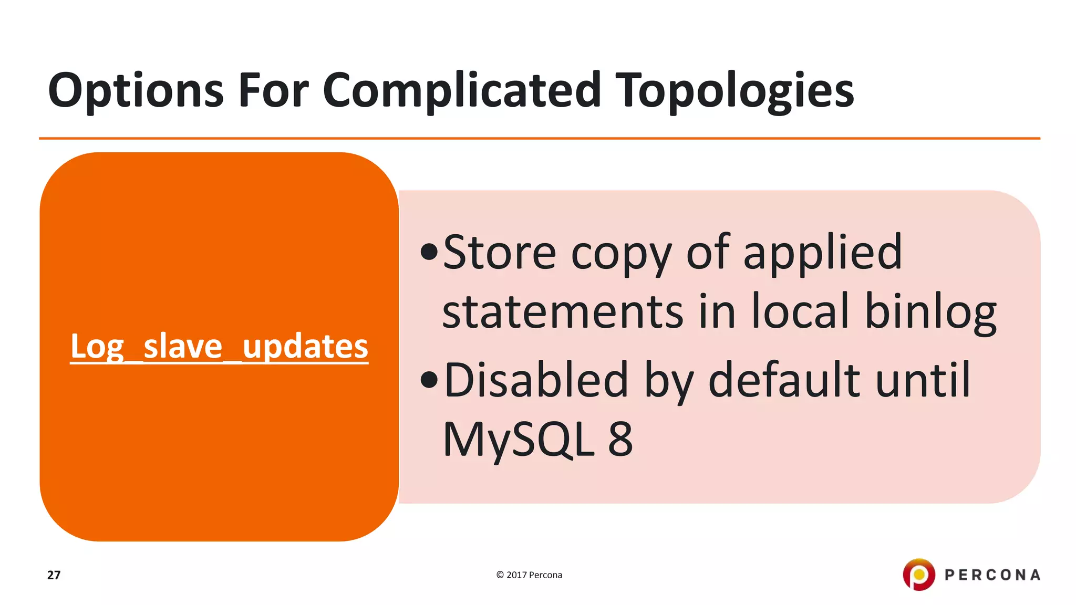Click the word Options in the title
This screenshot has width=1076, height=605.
pyautogui.click(x=136, y=90)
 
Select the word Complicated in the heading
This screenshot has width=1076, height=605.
pyautogui.click(x=461, y=90)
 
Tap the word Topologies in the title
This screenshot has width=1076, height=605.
pyautogui.click(x=734, y=90)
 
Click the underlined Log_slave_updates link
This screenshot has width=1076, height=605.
pyautogui.click(x=219, y=347)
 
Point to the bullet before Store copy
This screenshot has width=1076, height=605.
pyautogui.click(x=429, y=252)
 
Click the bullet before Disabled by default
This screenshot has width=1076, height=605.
pyautogui.click(x=429, y=380)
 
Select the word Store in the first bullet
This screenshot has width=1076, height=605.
pyautogui.click(x=499, y=253)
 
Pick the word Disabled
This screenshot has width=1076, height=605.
pyautogui.click(x=536, y=380)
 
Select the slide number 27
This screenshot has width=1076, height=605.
pyautogui.click(x=54, y=575)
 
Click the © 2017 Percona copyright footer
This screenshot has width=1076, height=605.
pyautogui.click(x=529, y=575)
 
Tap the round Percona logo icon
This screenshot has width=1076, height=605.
pyautogui.click(x=918, y=575)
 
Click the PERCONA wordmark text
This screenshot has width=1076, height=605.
pyautogui.click(x=992, y=575)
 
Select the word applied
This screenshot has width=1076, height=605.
pyautogui.click(x=822, y=253)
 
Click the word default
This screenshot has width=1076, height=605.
pyautogui.click(x=784, y=380)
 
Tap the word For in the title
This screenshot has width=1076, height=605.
pyautogui.click(x=273, y=90)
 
